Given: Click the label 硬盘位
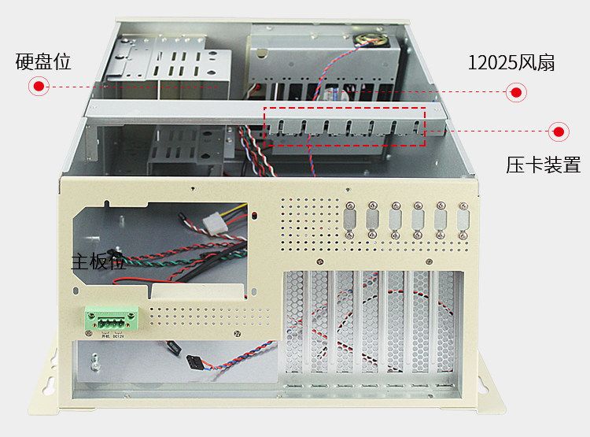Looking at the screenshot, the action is [x=43, y=62].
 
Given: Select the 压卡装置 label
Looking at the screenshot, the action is [x=543, y=165].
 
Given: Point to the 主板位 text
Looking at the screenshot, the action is [x=98, y=261].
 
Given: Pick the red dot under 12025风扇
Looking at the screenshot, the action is [x=516, y=93].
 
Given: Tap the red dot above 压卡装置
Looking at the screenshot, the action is [x=559, y=131].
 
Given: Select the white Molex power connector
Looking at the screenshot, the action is [x=216, y=223].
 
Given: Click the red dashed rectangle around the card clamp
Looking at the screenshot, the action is [x=345, y=126].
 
